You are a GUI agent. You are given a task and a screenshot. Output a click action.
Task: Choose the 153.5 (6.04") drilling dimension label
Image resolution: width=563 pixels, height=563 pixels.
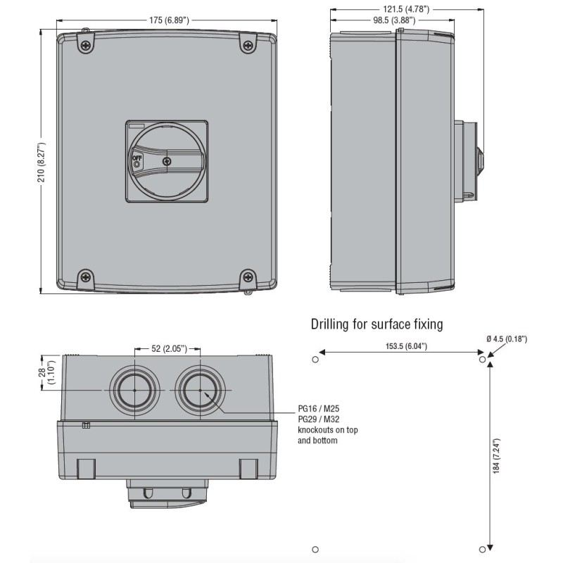click(400, 346)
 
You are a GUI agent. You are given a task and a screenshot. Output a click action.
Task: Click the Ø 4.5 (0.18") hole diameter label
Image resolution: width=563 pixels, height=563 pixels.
click(519, 339)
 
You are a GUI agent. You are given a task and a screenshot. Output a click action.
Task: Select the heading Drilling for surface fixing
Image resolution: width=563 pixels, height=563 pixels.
click(377, 324)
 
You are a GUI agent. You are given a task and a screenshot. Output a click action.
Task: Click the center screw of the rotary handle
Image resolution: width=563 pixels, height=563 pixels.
click(166, 161)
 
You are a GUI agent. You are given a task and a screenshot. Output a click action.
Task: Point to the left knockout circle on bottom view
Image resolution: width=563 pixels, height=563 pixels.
click(133, 389)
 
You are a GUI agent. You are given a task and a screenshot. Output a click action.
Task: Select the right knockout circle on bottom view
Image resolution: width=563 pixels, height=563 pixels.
click(200, 389)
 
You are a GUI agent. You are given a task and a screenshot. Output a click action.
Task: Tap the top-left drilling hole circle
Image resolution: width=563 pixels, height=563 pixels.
click(315, 360)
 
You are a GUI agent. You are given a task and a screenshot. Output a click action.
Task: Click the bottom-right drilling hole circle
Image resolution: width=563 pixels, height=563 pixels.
click(482, 548)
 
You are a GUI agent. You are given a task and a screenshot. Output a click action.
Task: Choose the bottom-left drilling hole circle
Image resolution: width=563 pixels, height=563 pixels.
click(315, 548)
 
